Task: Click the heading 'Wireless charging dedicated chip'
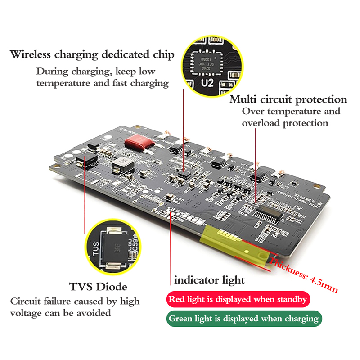click(92, 55)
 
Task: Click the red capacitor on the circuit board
click(139, 143)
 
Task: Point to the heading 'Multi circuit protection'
click(288, 99)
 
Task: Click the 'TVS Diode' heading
click(98, 287)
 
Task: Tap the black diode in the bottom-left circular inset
click(116, 250)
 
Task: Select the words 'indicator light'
click(209, 280)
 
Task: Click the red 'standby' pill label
click(237, 299)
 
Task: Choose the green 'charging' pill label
click(243, 319)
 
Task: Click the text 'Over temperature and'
click(291, 112)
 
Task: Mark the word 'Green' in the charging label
click(180, 319)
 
